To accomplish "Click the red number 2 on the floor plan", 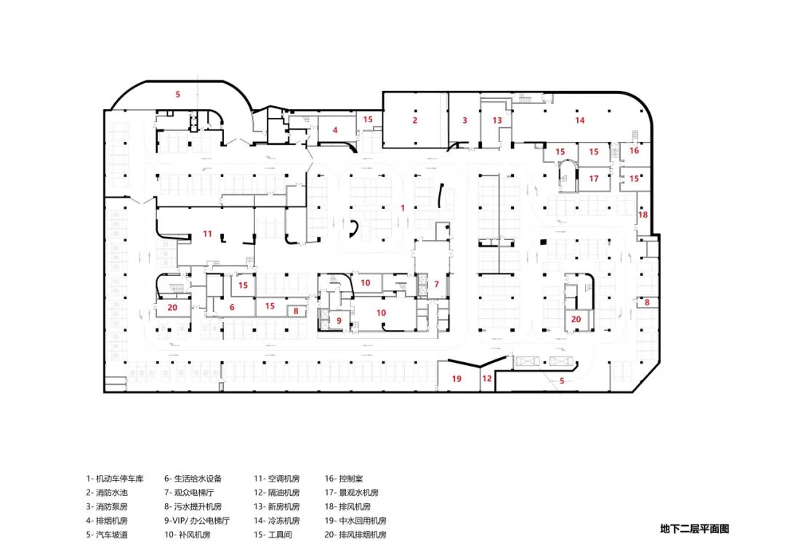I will [x=415, y=120].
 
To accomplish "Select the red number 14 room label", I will [x=579, y=120].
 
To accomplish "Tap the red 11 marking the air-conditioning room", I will [x=207, y=233].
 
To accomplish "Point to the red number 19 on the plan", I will [x=456, y=378].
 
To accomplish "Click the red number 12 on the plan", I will [x=487, y=378].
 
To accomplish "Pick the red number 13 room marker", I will [x=497, y=120].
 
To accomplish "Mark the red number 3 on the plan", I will [x=464, y=120].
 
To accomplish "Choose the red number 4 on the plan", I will [x=335, y=130].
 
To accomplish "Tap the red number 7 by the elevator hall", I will [x=437, y=284].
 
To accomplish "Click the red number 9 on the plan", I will [x=339, y=320].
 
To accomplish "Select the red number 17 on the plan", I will [x=594, y=178].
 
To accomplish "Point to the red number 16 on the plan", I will [x=634, y=151].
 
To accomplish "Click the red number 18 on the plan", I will [x=643, y=215].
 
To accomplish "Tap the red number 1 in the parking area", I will [x=402, y=207].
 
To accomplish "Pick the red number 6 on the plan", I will [x=233, y=307].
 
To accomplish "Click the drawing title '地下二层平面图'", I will [x=693, y=529].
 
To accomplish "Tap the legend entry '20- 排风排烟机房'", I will [x=355, y=535].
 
